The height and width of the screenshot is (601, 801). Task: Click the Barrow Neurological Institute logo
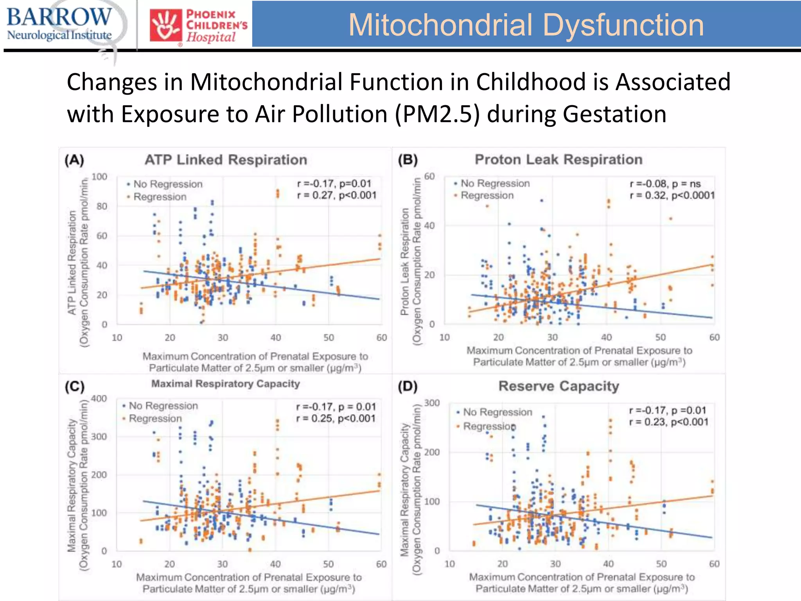click(59, 24)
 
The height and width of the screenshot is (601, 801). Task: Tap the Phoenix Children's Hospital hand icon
click(166, 26)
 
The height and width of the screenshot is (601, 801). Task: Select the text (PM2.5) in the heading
click(437, 114)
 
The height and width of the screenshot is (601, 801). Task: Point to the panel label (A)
click(74, 160)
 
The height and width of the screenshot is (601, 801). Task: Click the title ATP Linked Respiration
click(226, 160)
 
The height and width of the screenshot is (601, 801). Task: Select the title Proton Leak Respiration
click(559, 160)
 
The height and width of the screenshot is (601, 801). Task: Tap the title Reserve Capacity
click(559, 386)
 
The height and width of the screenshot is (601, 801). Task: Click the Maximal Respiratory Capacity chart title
click(226, 384)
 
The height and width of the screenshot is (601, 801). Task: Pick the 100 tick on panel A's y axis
click(99, 177)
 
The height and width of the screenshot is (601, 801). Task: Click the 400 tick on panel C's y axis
click(99, 399)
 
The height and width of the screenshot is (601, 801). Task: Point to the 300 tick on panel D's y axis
click(432, 403)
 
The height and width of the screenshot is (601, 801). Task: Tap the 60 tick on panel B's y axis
click(429, 176)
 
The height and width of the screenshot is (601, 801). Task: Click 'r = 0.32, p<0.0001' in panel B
click(672, 195)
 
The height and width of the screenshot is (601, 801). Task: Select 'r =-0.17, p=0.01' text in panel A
click(334, 184)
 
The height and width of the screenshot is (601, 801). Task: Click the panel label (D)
click(408, 387)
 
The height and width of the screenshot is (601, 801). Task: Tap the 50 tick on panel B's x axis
click(660, 337)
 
